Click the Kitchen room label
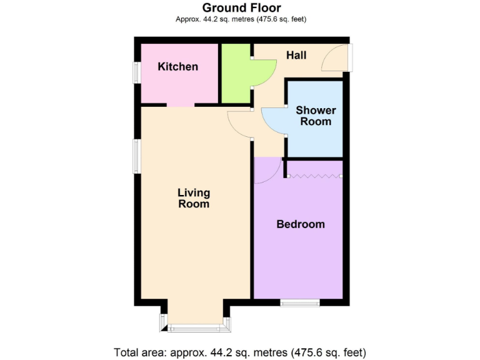tap(177, 67)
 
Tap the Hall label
tap(296, 56)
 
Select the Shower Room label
tap(316, 116)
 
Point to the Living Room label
tap(194, 198)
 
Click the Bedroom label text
tap(301, 224)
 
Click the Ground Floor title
tap(241, 8)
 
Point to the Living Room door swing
tap(239, 123)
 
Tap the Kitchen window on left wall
tap(136, 72)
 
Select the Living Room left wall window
tap(136, 156)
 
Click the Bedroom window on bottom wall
tap(300, 303)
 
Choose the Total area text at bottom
tap(239, 352)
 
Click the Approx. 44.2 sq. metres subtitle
tap(241, 19)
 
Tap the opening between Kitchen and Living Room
tap(181, 105)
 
